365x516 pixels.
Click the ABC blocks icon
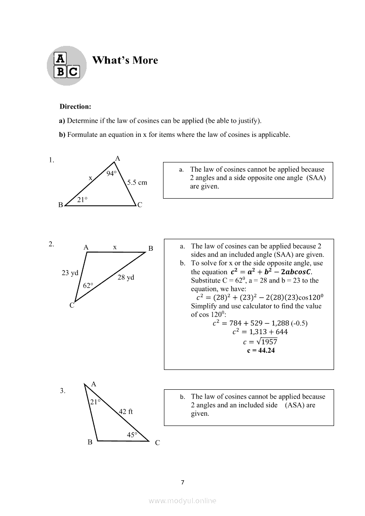tap(66, 65)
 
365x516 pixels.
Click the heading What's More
tap(125, 60)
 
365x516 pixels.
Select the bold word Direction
tap(75, 107)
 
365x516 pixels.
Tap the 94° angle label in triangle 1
tap(111, 173)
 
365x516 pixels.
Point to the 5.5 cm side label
tap(137, 182)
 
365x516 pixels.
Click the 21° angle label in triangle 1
tap(82, 200)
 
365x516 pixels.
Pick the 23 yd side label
tap(70, 273)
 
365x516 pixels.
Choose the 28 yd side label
tap(125, 278)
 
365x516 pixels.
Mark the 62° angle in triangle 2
tap(88, 286)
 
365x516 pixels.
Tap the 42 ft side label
tap(125, 412)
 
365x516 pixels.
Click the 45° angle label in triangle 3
tap(132, 435)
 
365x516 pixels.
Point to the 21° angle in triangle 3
tap(95, 402)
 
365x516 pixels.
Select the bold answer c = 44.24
tap(261, 351)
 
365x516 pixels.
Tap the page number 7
tap(182, 482)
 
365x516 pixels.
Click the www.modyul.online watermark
tap(182, 501)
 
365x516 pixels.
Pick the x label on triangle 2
tap(114, 247)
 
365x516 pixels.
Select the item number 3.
tap(62, 391)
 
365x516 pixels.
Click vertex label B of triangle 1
tap(61, 205)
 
